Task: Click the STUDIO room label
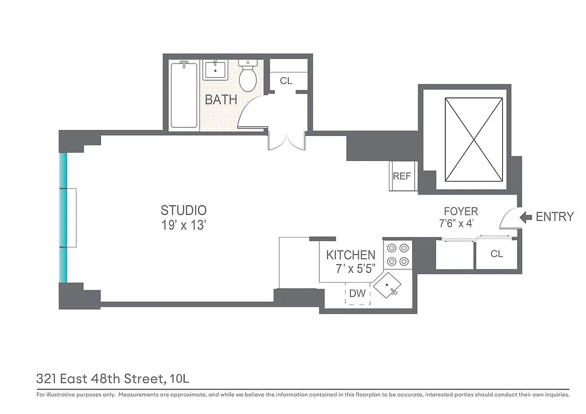183,210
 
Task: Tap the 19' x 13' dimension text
183,225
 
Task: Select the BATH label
221,99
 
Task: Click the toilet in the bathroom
248,76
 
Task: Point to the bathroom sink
214,70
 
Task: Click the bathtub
184,94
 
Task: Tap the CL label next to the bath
286,81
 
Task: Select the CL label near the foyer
496,254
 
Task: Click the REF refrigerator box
402,176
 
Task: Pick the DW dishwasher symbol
358,293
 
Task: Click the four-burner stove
397,254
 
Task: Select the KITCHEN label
350,255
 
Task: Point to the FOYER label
461,211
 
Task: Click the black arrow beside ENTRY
525,217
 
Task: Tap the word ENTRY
554,217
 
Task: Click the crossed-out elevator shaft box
474,140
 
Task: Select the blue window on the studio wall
63,218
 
